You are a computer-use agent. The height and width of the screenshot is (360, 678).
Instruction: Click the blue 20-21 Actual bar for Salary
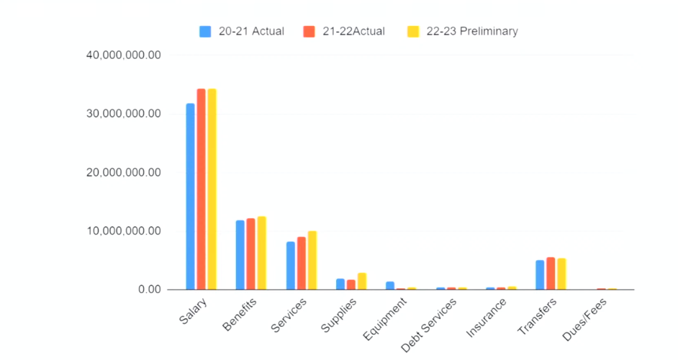pyautogui.click(x=191, y=197)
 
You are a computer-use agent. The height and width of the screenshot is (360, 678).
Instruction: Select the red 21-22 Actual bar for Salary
pyautogui.click(x=202, y=189)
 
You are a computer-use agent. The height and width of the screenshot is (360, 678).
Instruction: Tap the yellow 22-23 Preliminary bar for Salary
pyautogui.click(x=212, y=189)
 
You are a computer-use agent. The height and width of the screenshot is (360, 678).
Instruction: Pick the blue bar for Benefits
pyautogui.click(x=240, y=255)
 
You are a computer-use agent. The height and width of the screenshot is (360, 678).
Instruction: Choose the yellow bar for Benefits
pyautogui.click(x=261, y=253)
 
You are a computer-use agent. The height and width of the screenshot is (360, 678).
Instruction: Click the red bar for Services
pyautogui.click(x=301, y=264)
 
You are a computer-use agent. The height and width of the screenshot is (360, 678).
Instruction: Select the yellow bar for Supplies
pyautogui.click(x=361, y=282)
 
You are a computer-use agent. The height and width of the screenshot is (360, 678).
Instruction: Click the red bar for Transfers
pyautogui.click(x=551, y=274)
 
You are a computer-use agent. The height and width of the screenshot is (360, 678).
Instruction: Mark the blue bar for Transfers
pyautogui.click(x=540, y=275)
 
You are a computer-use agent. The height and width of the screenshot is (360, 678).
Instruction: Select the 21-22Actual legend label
pyautogui.click(x=353, y=32)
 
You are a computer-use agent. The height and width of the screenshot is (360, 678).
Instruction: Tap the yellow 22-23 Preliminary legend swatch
pyautogui.click(x=413, y=32)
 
